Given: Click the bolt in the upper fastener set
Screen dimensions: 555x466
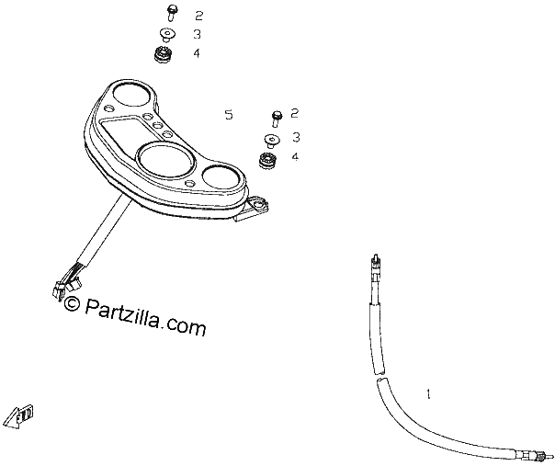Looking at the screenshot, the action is pos(172,13).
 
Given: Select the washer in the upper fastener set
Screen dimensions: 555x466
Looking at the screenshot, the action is pos(167,34).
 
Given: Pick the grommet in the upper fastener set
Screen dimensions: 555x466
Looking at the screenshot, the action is pos(164,55).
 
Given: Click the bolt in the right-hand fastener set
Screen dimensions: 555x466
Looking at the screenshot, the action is pos(277,119).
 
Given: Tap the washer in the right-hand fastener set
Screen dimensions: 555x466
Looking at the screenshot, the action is pos(272,141).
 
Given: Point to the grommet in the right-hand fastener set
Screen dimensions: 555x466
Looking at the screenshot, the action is pos(268,160).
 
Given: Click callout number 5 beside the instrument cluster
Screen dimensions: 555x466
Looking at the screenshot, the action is pos(229,115).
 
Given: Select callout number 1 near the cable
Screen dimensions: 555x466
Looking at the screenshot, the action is pos(428,393).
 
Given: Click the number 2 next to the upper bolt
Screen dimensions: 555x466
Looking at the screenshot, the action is pos(198,16).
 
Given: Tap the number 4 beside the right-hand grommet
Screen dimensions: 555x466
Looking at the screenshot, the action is pos(295,156).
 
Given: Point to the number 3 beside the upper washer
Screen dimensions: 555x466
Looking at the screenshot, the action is pos(197,34).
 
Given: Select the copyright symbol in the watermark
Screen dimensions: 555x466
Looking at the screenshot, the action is pos(73,303).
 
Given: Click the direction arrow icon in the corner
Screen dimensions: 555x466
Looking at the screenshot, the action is pos(20,416).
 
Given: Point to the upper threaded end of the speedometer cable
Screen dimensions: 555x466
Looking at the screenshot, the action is pos(375,264).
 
